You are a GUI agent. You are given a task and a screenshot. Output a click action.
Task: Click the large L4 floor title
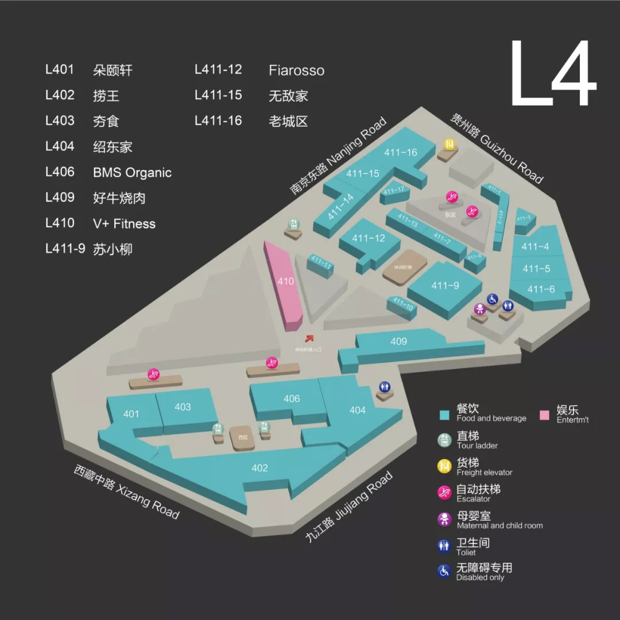pos(551,75)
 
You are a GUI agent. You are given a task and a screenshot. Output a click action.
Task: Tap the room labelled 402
pos(259,468)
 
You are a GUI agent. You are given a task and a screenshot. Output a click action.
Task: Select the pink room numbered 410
pos(285,281)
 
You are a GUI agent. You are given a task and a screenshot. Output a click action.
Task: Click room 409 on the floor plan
pos(398,342)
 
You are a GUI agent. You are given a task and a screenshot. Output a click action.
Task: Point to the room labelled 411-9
pos(445,286)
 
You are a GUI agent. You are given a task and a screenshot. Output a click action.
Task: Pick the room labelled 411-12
pos(369,238)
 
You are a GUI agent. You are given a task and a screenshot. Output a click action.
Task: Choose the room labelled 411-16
pos(402,153)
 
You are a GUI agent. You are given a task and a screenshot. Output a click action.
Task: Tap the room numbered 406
pos(292,398)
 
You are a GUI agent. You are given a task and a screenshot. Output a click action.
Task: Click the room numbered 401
pos(131,414)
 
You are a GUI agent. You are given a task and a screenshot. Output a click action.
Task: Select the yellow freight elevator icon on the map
pos(449,143)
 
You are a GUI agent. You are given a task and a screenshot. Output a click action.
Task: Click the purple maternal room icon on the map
pos(480,309)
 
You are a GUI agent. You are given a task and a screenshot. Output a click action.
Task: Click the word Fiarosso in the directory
pos(296,71)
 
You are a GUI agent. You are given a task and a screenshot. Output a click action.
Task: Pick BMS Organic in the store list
pos(132,173)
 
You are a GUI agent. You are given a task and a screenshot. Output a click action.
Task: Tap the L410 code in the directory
pos(60,223)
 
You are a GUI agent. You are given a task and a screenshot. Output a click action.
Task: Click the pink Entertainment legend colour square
pos(545,415)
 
